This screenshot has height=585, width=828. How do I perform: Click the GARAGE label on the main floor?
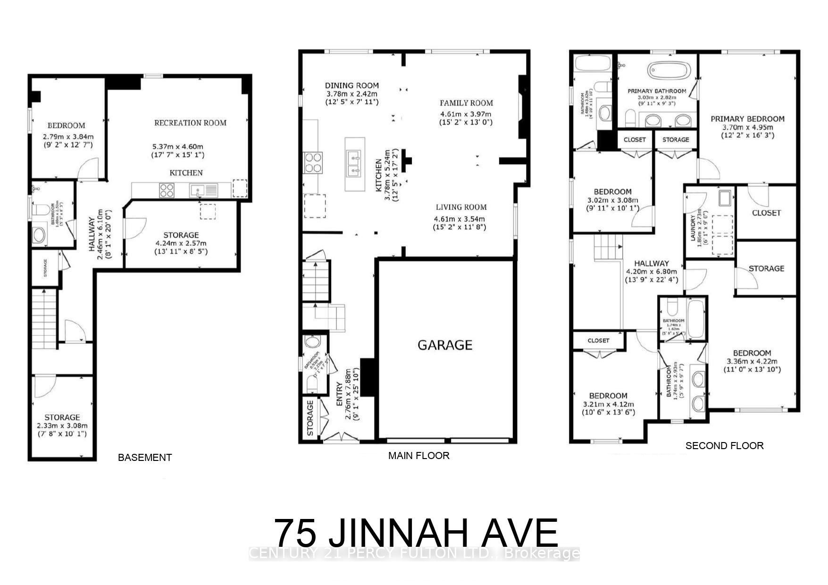point(444,345)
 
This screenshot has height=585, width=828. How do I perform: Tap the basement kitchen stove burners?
point(167,190)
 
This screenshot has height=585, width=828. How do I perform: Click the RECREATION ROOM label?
point(190,123)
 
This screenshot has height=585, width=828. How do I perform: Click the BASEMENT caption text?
point(144,457)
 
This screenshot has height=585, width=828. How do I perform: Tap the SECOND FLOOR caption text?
point(724,446)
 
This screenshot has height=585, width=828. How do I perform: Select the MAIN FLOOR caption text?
point(418,456)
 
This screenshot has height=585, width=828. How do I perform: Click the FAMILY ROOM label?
point(466,103)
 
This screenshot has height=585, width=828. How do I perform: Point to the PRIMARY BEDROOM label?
point(747,119)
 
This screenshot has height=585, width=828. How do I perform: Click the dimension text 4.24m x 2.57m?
point(181,243)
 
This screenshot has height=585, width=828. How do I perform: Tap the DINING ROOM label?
point(351,85)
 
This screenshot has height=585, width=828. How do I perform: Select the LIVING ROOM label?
point(461,207)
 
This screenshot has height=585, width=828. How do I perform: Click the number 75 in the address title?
point(295,533)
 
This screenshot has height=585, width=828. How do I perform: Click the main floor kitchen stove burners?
point(313,162)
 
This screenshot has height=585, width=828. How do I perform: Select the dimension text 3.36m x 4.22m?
point(752,362)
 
